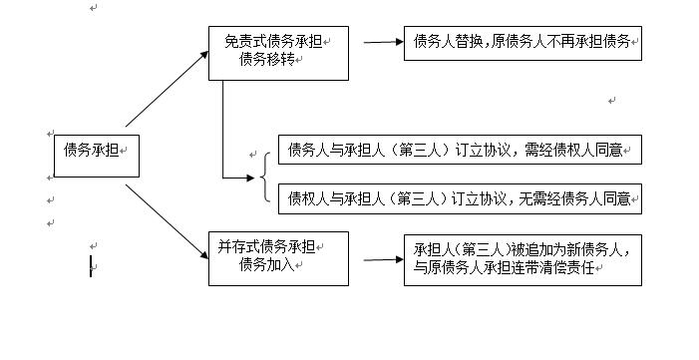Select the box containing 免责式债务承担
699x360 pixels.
pos(278,53)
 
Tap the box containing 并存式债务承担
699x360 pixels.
pos(278,257)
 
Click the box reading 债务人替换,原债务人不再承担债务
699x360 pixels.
pos(522,43)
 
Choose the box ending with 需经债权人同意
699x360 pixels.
pos(460,151)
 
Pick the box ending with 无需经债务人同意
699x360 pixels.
pos(460,198)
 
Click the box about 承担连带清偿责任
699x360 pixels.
pos(522,258)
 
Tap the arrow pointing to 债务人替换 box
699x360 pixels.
pos(381,43)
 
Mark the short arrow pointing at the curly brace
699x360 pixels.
pos(239,179)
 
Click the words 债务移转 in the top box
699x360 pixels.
pos(266,60)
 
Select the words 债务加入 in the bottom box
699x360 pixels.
pos(266,265)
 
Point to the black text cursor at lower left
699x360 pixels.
pos(91,266)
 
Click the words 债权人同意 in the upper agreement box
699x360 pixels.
pos(597,151)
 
